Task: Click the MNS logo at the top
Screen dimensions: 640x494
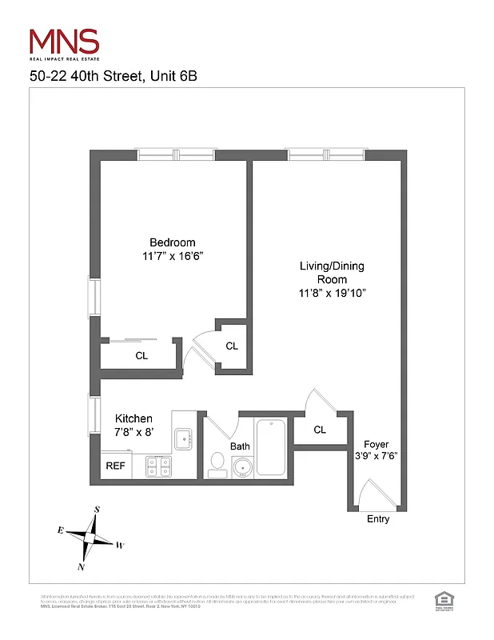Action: pyautogui.click(x=64, y=42)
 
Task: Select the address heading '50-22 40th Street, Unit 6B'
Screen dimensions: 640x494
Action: pyautogui.click(x=113, y=77)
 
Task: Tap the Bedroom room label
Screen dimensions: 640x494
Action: pyautogui.click(x=172, y=242)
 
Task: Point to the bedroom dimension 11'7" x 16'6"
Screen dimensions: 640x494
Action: pyautogui.click(x=172, y=256)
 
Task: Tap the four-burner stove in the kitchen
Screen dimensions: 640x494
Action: pyautogui.click(x=158, y=466)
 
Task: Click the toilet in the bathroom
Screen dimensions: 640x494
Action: pyautogui.click(x=217, y=463)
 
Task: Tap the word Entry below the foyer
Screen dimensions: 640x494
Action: pyautogui.click(x=377, y=519)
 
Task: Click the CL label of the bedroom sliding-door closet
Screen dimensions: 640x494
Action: pyautogui.click(x=141, y=355)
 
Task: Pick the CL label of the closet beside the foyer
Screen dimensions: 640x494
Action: pyautogui.click(x=320, y=430)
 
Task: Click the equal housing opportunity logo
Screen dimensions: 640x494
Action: pyautogui.click(x=442, y=600)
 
